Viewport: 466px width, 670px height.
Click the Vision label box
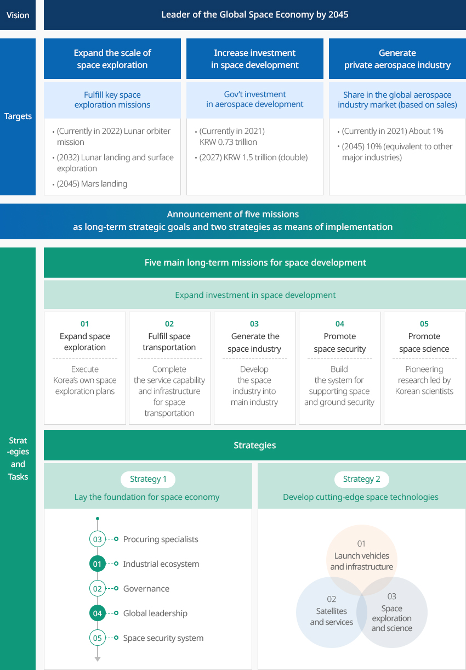point(18,15)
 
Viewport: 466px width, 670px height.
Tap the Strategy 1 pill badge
point(148,479)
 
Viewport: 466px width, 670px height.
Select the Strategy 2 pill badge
point(362,479)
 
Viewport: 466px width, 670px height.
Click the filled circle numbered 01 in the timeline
point(98,564)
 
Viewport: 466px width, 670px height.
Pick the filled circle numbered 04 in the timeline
point(98,613)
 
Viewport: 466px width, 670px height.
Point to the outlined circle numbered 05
point(98,638)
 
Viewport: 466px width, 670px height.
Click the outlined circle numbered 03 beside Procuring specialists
point(98,539)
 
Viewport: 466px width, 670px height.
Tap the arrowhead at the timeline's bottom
point(98,659)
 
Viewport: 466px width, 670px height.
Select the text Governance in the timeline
point(146,589)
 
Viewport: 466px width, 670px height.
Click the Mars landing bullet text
point(92,184)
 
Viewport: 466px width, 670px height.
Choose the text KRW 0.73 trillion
point(228,142)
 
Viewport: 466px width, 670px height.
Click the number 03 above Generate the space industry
point(254,324)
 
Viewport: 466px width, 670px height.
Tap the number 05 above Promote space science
point(424,324)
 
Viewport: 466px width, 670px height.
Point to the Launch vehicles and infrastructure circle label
point(362,561)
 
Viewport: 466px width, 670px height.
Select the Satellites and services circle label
point(332,616)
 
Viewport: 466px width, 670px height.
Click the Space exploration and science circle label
point(392,618)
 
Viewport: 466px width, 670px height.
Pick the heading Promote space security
point(340,342)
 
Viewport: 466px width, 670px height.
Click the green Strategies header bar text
point(255,445)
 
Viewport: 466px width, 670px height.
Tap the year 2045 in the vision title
point(338,15)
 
